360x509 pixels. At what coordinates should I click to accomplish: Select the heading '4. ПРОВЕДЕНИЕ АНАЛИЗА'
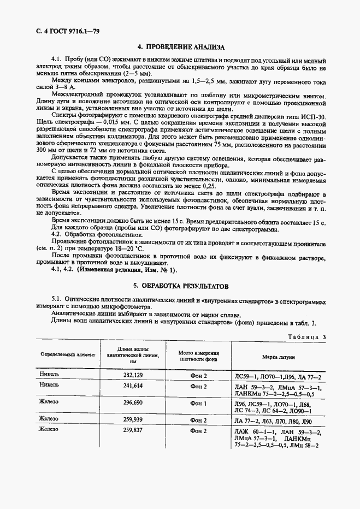pos(181,47)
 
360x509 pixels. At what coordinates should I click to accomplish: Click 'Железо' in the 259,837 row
pos(49,430)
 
